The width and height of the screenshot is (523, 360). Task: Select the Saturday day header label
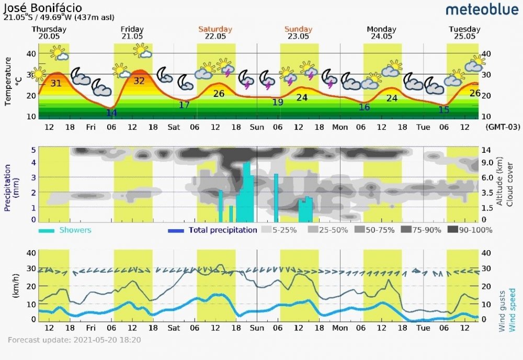[x=215, y=29]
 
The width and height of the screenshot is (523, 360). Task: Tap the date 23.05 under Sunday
[x=298, y=36]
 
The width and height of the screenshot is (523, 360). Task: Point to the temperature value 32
[x=139, y=81]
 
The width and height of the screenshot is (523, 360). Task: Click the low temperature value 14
[x=111, y=112]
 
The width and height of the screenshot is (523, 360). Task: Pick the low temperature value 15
[x=444, y=110]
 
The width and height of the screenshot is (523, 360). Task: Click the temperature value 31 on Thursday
[x=56, y=83]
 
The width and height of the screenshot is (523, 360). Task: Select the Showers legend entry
[x=75, y=230]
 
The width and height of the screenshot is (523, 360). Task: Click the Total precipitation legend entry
[x=222, y=230]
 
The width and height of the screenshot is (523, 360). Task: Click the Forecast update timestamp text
[x=74, y=340]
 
